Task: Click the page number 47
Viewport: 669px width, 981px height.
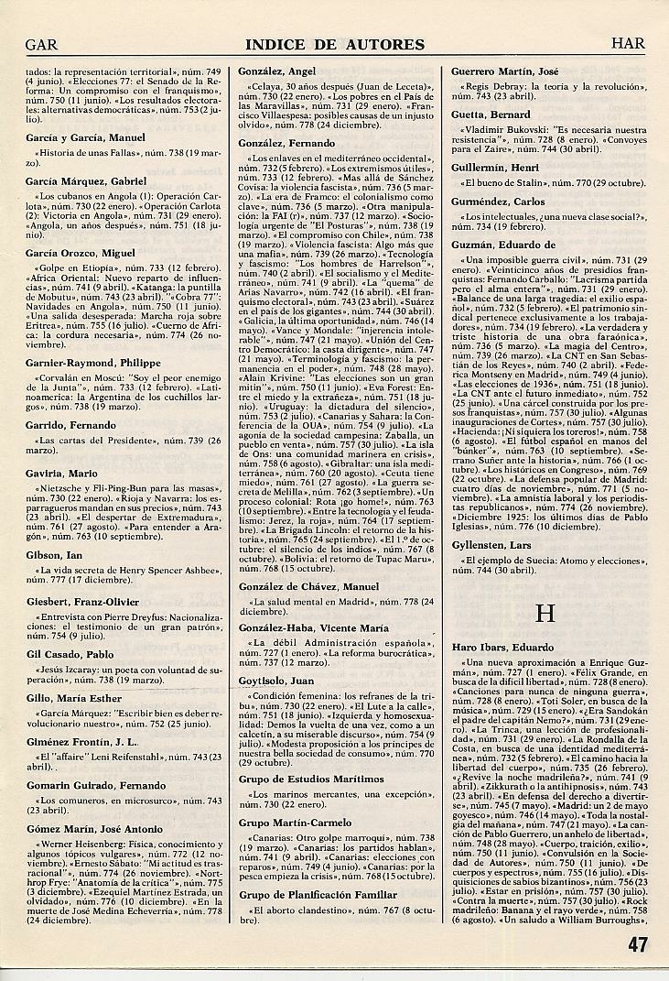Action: pos(637,945)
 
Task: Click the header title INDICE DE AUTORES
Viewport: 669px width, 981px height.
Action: pos(336,44)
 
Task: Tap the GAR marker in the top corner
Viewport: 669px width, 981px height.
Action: pos(43,44)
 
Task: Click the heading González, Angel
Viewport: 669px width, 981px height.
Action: pos(276,71)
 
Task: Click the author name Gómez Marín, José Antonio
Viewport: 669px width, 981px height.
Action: pos(94,829)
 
